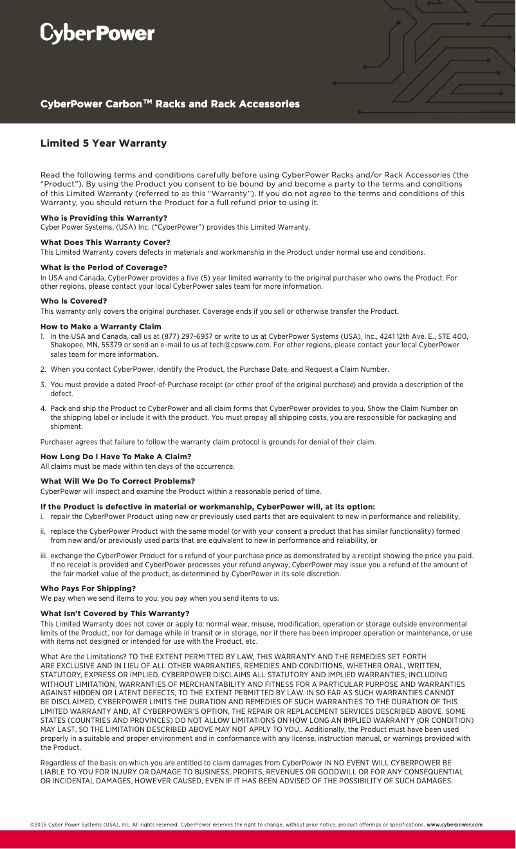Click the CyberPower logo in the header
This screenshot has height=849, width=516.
coord(97,33)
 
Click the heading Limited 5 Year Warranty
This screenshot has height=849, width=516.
coord(104,143)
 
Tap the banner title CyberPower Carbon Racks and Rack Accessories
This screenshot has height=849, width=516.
coord(170,104)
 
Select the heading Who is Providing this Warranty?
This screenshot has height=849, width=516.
coord(104,218)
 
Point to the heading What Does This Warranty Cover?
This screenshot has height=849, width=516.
coord(105,242)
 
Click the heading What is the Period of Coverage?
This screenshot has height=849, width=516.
coord(104,268)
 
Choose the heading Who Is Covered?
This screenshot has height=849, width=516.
coord(73,301)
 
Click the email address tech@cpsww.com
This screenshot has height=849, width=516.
coord(239,345)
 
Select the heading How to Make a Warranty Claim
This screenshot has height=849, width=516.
coord(100,327)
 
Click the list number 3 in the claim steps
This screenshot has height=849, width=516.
coord(42,385)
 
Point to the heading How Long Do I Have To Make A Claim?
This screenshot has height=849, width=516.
coord(116,457)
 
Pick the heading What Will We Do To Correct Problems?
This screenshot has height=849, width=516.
coord(117,481)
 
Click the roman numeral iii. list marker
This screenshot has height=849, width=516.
coord(44,556)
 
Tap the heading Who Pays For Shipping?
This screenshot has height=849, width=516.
coord(88,589)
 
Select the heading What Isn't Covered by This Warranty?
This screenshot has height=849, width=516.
coord(115,614)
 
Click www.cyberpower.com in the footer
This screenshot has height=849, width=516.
coord(454,825)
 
